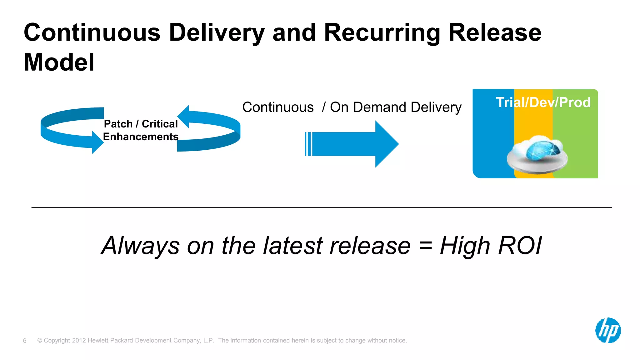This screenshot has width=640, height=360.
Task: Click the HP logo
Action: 608,330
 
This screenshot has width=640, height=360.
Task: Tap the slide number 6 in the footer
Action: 25,341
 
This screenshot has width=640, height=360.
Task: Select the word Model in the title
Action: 59,62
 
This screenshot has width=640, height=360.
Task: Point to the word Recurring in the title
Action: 382,33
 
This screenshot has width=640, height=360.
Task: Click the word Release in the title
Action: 495,32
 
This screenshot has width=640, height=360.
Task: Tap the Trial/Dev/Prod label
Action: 543,102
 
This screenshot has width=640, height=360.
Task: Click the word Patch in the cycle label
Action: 118,124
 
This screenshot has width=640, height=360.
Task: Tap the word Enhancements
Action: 141,137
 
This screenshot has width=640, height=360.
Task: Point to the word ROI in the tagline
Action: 520,246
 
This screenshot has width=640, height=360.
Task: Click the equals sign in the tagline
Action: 426,246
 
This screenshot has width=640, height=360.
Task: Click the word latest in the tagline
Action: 293,246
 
